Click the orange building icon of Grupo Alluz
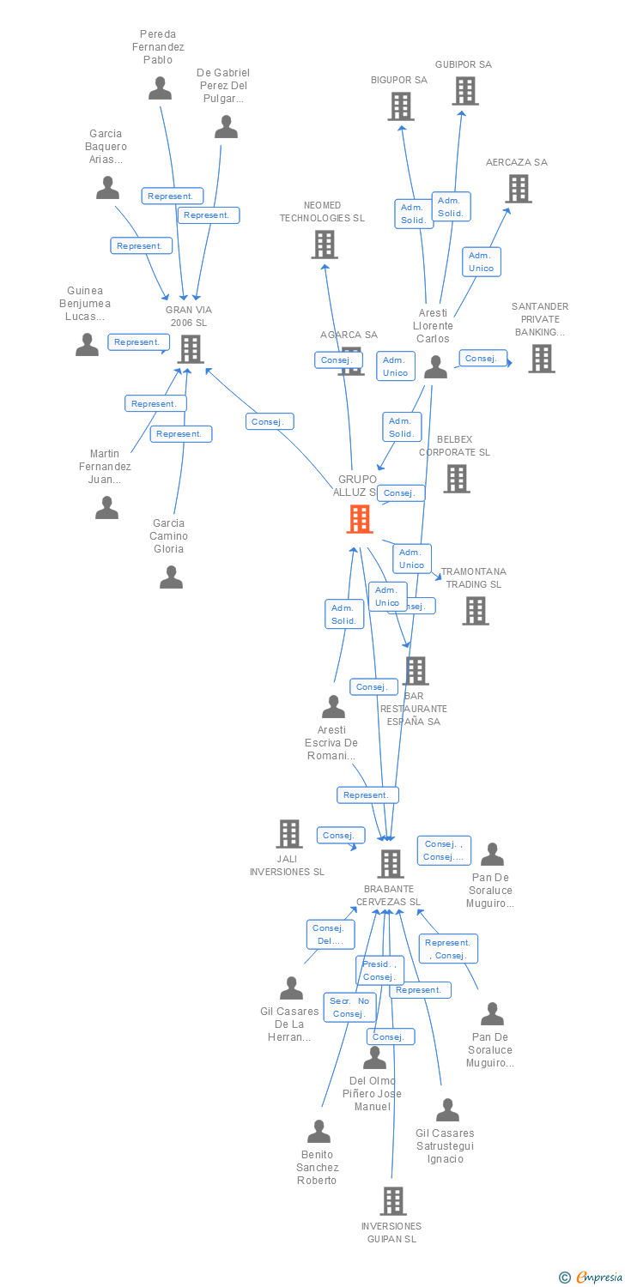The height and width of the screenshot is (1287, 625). tap(360, 519)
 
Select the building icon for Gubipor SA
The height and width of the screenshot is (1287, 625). tap(465, 91)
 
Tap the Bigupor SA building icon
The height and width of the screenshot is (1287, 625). tap(401, 106)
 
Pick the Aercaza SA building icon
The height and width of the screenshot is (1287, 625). tap(519, 189)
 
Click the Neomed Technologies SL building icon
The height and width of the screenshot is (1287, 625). tap(325, 245)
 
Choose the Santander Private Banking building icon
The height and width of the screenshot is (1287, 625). tap(541, 359)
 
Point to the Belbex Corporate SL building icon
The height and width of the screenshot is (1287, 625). tap(457, 479)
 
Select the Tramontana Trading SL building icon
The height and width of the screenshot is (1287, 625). tap(476, 611)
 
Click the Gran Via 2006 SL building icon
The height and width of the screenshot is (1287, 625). tap(191, 349)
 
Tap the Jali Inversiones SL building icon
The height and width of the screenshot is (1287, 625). tap(289, 833)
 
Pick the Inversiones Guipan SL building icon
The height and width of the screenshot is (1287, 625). tap(393, 1201)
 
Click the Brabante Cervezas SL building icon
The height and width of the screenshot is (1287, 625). tap(391, 864)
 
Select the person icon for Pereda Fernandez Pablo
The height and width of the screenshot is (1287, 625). tap(160, 88)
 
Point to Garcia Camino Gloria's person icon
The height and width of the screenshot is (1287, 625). tap(171, 577)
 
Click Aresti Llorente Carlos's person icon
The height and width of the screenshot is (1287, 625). tap(435, 367)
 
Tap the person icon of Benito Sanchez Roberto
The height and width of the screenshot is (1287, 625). tap(319, 1132)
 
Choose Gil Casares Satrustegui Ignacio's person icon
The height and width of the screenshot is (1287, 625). tap(447, 1110)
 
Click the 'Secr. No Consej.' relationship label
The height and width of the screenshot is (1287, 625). tap(349, 1007)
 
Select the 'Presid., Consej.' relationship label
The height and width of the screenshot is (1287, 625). tap(379, 970)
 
